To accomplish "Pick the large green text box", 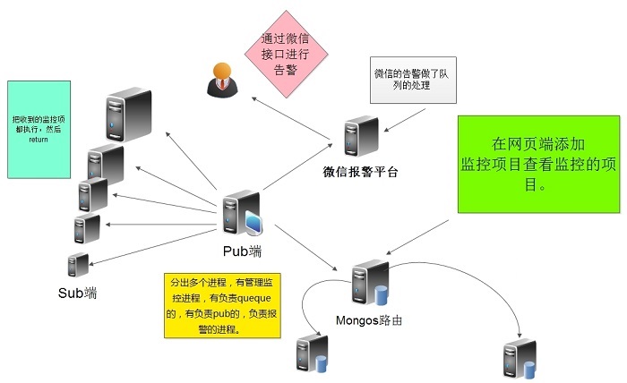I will point(538,164).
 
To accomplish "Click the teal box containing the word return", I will point(39,129).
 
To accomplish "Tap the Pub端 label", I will point(242,251).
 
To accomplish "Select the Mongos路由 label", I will point(367,320).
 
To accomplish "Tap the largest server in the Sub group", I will point(126,112).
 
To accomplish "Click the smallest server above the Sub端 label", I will point(79,265).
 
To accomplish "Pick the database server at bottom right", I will point(520,359).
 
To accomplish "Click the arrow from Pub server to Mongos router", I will point(308,245).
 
